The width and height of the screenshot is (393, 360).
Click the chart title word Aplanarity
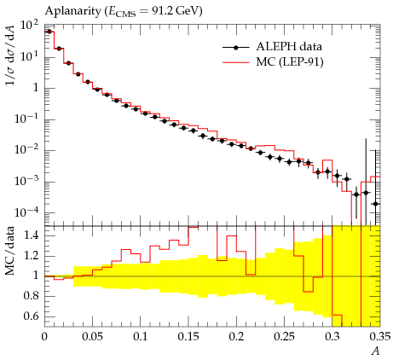coord(72,11)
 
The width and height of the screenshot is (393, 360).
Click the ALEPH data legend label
coord(289,47)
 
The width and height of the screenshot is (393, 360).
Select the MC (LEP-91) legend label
coord(290,61)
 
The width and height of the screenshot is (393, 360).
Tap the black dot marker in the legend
coord(235,48)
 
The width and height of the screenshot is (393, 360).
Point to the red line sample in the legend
coord(235,62)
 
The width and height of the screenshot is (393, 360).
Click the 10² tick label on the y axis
coord(29,27)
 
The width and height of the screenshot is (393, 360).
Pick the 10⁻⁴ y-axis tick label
coord(26,212)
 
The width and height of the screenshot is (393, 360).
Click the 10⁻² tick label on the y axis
coord(26,150)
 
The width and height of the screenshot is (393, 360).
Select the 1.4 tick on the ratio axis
coord(31,235)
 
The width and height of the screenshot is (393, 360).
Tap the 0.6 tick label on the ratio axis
coord(31,316)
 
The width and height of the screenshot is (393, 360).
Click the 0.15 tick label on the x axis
coord(188,337)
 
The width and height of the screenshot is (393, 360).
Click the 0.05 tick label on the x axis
coord(92,337)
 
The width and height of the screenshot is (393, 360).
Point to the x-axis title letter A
coord(376,351)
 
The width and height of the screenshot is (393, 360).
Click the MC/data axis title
coord(9,252)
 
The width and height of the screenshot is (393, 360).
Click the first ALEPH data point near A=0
coord(49,32)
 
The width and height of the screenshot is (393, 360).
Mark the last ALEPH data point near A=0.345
coord(375,204)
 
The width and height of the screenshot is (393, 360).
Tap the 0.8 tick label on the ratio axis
coord(31,296)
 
